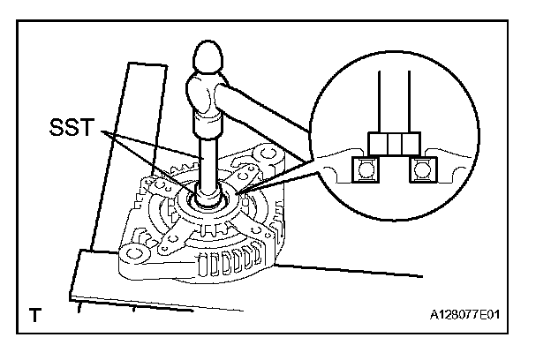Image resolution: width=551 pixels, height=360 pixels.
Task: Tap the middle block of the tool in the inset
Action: pos(391,143)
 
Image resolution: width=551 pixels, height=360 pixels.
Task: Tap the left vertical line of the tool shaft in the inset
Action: pos(380,101)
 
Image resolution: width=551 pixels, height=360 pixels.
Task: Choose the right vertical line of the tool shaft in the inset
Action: pos(409,101)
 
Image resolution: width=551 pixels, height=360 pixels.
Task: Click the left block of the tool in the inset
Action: pos(374,143)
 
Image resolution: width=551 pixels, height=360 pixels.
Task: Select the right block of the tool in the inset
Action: pos(408,143)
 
